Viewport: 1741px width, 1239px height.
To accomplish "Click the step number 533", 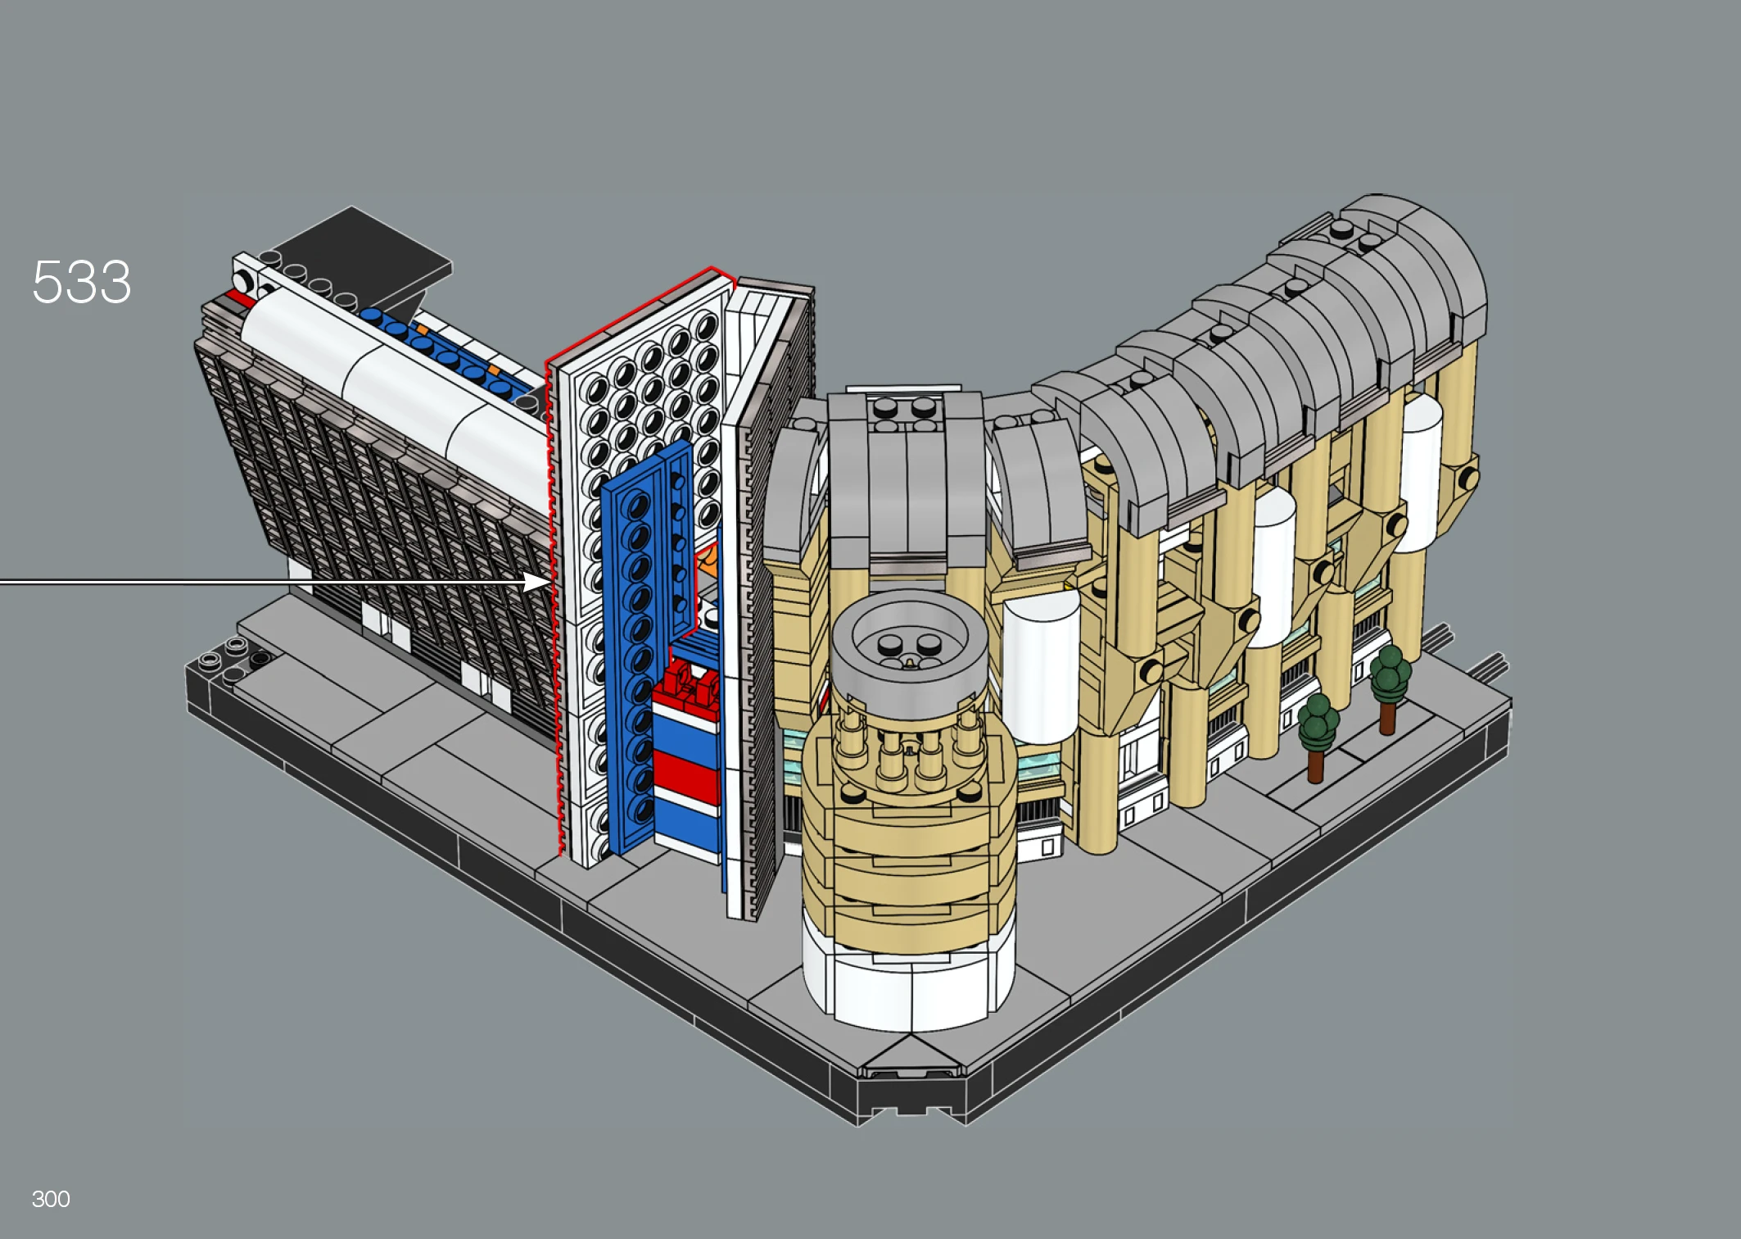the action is point(81,282).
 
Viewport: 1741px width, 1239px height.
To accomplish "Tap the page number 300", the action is point(51,1199).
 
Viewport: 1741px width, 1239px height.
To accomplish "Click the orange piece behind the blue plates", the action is point(706,563).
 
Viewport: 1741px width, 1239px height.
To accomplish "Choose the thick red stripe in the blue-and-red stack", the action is point(686,775).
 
